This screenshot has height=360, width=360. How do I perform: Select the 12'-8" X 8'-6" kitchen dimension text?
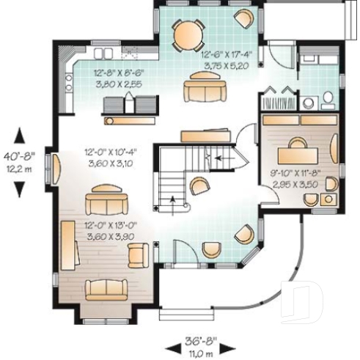117,73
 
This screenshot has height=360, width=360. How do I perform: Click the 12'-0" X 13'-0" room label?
109,226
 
